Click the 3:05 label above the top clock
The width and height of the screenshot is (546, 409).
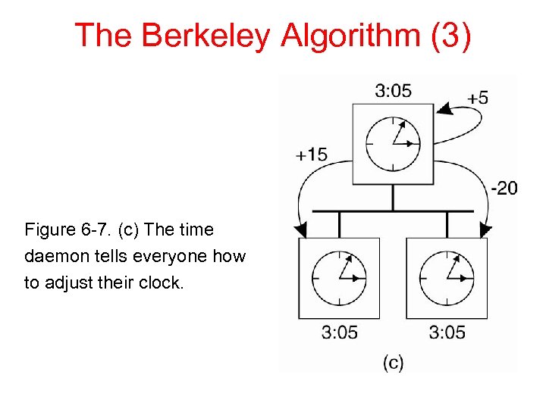(394, 91)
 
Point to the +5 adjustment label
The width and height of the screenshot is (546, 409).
(478, 98)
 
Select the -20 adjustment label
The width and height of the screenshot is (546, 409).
(504, 187)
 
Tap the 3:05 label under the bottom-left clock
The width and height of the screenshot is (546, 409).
(340, 332)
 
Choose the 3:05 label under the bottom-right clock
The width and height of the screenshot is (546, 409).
(447, 332)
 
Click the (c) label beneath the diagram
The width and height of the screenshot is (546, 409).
(393, 363)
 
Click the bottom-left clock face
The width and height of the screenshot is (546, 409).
(340, 277)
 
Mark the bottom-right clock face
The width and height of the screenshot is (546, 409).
(447, 277)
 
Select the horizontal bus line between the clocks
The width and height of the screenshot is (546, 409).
(393, 211)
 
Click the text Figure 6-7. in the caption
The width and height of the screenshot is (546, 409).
(62, 229)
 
